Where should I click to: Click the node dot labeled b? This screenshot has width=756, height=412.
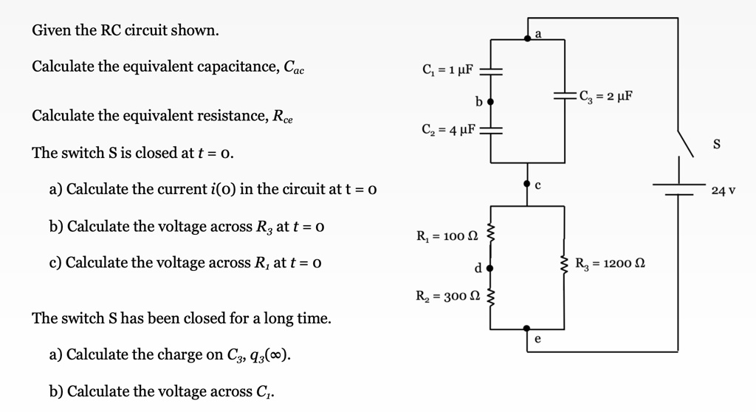coord(489,100)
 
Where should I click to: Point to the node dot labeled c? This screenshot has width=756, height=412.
coord(527,182)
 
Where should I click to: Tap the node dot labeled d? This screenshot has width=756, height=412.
coord(489,267)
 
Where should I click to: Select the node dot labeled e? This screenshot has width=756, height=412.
coord(527,329)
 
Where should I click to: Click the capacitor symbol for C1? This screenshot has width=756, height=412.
coord(490,72)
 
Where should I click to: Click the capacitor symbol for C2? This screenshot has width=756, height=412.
coord(490,131)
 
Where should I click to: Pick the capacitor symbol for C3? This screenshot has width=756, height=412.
coord(565,96)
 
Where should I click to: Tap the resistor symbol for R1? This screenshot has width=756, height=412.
coord(490,237)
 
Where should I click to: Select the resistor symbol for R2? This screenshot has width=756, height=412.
coord(490,297)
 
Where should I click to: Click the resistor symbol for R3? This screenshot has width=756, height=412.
coord(565,263)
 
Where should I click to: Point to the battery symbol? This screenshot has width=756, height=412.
coord(678,189)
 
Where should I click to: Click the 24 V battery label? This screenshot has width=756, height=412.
coord(723,191)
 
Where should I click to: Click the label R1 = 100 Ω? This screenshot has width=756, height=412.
coord(448,237)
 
